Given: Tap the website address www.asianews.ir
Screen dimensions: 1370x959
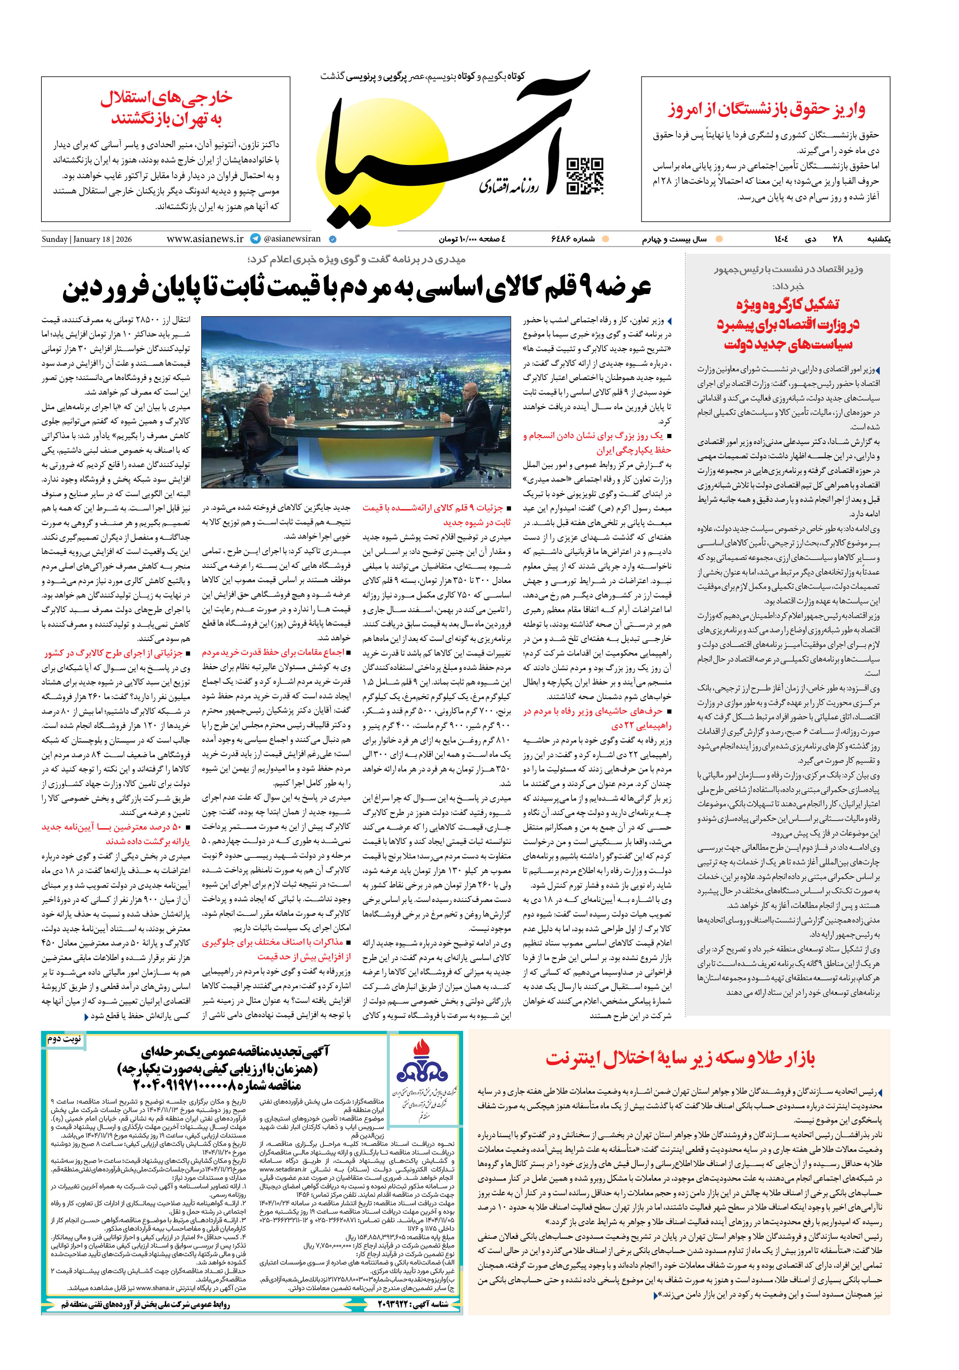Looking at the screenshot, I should pyautogui.click(x=205, y=239).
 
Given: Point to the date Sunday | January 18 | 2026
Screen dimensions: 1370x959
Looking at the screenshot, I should pyautogui.click(x=87, y=239).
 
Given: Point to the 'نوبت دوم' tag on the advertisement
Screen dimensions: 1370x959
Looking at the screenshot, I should pyautogui.click(x=64, y=1039).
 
